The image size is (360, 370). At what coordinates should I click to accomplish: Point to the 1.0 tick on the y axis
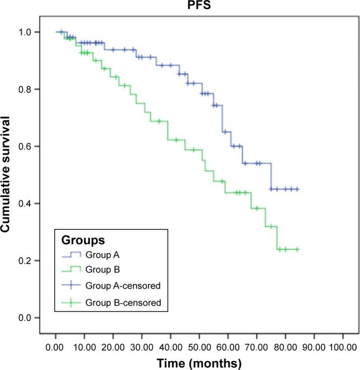click(x=34, y=32)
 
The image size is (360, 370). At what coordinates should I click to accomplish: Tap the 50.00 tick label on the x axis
click(x=199, y=347)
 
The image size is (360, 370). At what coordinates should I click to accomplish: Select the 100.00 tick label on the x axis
click(x=342, y=347)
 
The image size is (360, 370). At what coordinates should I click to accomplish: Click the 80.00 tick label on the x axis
click(x=285, y=347)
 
